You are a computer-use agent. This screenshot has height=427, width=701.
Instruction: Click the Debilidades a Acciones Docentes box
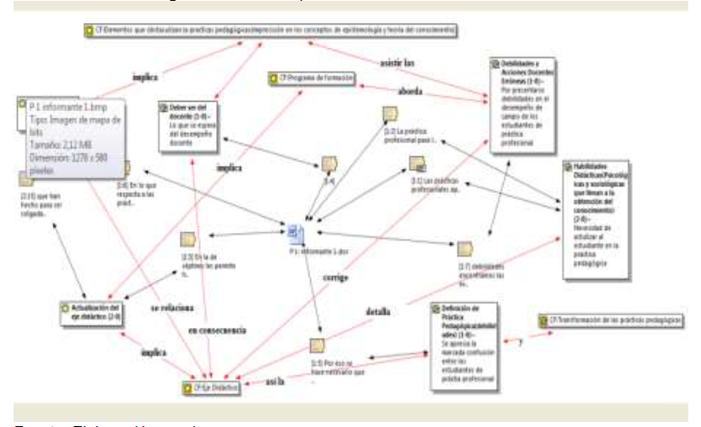coord(520,103)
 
